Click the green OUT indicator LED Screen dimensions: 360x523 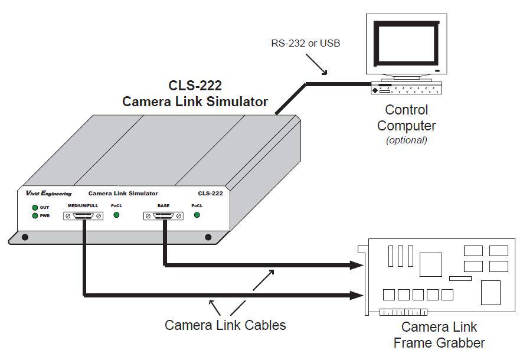click(35, 208)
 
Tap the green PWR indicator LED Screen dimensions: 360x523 click(35, 215)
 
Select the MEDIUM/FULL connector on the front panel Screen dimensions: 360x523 click(83, 216)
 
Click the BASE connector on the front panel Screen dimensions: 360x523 click(163, 216)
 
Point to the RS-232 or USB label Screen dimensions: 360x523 click(305, 43)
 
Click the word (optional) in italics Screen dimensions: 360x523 click(406, 140)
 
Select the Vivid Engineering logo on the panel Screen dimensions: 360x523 click(49, 194)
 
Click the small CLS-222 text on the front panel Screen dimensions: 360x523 click(210, 194)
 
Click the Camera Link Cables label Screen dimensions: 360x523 click(225, 325)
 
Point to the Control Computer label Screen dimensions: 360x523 click(406, 117)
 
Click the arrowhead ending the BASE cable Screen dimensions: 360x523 click(357, 266)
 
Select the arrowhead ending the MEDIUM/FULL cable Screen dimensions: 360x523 click(357, 294)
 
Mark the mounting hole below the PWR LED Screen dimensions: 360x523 click(25, 237)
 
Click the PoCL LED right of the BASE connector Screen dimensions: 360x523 click(197, 215)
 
